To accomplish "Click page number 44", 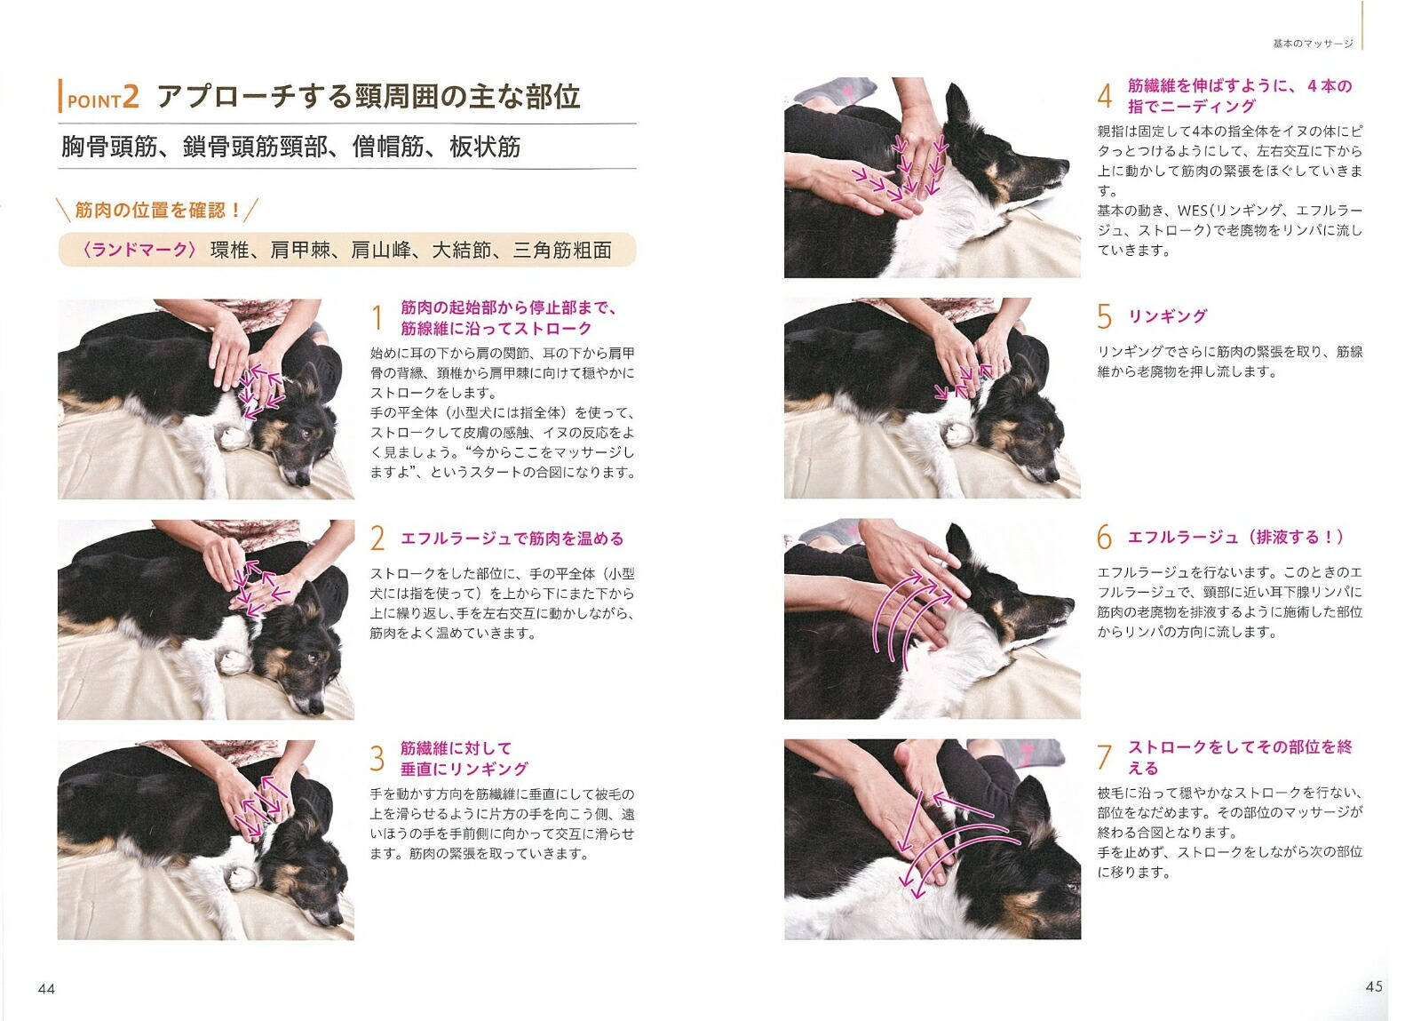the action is coord(46,989).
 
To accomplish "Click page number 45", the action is coord(1373,986).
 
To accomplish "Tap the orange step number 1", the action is coord(377,318).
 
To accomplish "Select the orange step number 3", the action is coord(377,758).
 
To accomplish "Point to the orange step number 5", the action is coord(1105,316).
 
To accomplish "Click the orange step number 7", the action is coord(1105,757).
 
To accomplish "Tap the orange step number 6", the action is coord(1105,537).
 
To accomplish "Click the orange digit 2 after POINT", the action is coord(131,97).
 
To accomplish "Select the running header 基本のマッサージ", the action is coord(1314,44).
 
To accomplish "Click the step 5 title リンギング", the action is coord(1167,316).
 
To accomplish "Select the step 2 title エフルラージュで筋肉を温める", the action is coord(512,538).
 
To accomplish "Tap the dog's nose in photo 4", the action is coord(1063,166).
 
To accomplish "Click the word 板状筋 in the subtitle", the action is coord(485,148).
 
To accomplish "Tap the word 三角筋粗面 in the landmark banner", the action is coord(562,250).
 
